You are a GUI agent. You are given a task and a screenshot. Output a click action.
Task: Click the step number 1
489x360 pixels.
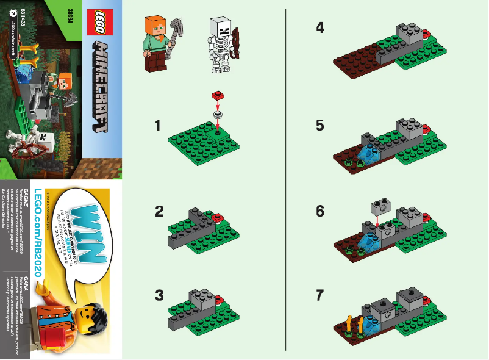tap(158, 126)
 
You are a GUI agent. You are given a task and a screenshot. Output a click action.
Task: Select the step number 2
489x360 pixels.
tap(160, 212)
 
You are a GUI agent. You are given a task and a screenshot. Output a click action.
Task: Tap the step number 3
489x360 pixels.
tap(160, 295)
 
